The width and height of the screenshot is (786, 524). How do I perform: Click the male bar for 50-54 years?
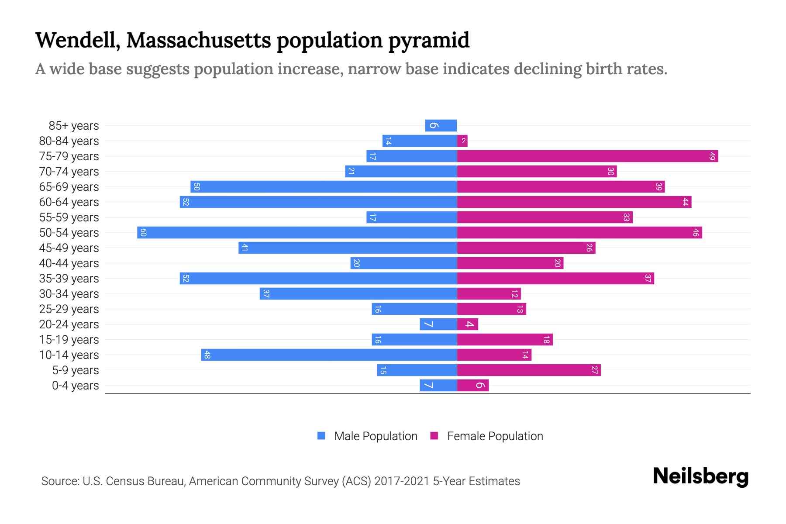pyautogui.click(x=297, y=232)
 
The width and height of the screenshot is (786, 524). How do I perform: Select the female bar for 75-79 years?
pyautogui.click(x=587, y=156)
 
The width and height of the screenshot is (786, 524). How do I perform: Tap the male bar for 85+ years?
pyautogui.click(x=441, y=125)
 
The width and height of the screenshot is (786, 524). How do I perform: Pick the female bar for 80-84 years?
pyautogui.click(x=462, y=141)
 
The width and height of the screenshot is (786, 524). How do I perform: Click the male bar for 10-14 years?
pyautogui.click(x=329, y=355)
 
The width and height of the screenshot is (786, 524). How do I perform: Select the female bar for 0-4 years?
pyautogui.click(x=473, y=385)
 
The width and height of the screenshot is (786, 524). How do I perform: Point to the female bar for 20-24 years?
pyautogui.click(x=468, y=324)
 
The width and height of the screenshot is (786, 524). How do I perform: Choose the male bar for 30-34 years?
pyautogui.click(x=358, y=293)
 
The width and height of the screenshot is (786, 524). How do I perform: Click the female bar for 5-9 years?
pyautogui.click(x=529, y=370)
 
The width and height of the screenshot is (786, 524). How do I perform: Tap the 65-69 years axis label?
pyautogui.click(x=69, y=187)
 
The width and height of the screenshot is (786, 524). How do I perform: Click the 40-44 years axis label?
pyautogui.click(x=69, y=263)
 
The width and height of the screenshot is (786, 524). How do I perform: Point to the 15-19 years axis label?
pyautogui.click(x=69, y=340)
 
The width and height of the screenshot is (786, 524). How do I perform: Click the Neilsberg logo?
pyautogui.click(x=700, y=476)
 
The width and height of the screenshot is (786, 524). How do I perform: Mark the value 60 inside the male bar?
pyautogui.click(x=143, y=232)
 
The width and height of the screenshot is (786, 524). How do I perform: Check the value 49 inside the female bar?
pyautogui.click(x=712, y=156)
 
